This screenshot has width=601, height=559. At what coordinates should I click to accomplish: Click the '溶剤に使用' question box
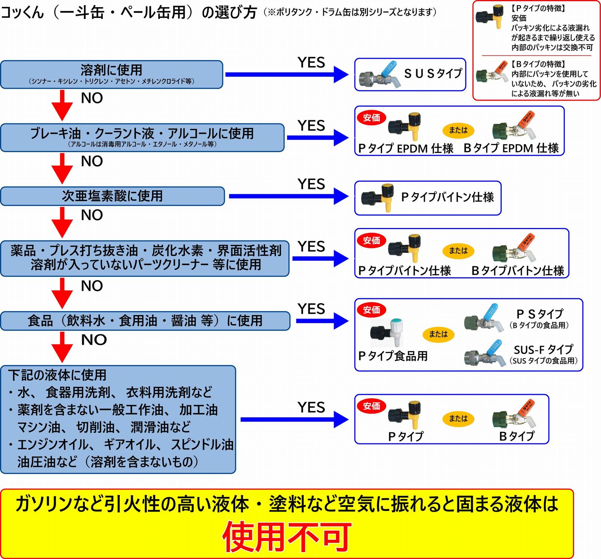(x=111, y=74)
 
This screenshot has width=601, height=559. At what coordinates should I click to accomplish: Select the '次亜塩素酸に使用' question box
(x=112, y=196)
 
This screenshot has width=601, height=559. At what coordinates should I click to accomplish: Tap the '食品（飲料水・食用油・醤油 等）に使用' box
(x=145, y=321)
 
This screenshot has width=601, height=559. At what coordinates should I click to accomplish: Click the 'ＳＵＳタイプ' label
(x=433, y=73)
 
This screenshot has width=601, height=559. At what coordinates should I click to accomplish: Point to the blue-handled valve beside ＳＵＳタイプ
(x=379, y=76)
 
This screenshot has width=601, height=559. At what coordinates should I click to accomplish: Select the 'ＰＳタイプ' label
(x=540, y=314)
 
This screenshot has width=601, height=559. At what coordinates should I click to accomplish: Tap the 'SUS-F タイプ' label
(x=543, y=350)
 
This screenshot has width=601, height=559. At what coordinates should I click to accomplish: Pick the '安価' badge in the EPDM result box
(x=371, y=118)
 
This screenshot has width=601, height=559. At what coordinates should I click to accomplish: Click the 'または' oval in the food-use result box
(x=438, y=334)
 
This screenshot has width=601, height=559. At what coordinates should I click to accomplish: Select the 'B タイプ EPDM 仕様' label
(x=511, y=148)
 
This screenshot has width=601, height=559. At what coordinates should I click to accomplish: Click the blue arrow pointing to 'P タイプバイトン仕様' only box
(x=288, y=196)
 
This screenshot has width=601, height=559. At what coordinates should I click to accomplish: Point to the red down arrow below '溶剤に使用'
(x=62, y=105)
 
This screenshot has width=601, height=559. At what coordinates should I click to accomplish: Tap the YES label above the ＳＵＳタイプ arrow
(x=311, y=62)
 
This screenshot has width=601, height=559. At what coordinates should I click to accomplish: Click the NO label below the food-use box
(x=94, y=340)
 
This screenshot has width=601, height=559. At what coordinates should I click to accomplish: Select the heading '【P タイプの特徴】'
(x=538, y=8)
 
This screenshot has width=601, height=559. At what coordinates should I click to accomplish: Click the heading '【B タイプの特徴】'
(x=538, y=64)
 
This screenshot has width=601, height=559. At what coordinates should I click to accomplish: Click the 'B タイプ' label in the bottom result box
(x=517, y=436)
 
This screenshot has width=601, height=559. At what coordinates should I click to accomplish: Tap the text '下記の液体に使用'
(x=57, y=375)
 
